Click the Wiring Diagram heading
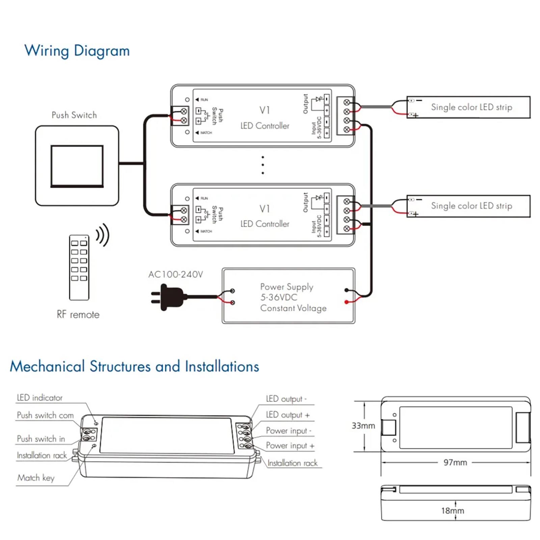77,51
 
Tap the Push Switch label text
74,115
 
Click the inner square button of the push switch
77,166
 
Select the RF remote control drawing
79,267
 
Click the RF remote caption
78,315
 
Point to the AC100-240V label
175,274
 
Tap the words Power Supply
287,287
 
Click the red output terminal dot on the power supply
346,302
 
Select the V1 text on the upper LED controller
265,110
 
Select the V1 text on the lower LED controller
265,209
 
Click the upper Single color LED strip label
471,107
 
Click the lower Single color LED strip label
471,206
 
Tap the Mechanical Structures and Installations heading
134,367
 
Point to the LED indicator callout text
39,398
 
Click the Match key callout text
36,478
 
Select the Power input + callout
290,446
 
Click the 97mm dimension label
455,462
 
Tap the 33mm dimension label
363,426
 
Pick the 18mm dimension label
453,511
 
